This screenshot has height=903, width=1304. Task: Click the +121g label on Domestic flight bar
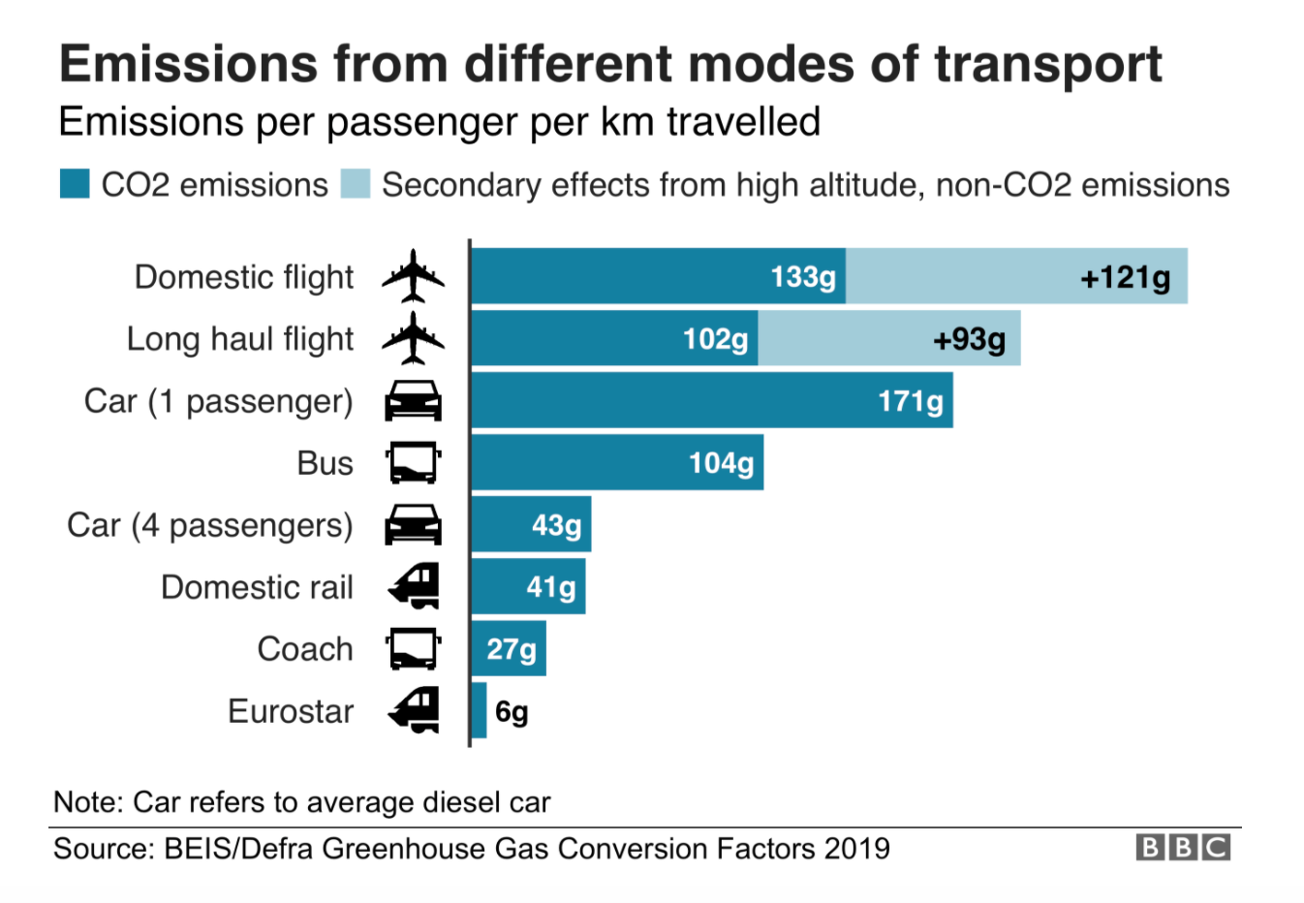[x=1125, y=278]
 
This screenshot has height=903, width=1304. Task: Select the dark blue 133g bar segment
[x=659, y=276]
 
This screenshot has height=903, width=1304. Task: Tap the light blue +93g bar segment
[x=888, y=338]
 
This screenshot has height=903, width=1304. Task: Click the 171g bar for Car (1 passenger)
[x=712, y=400]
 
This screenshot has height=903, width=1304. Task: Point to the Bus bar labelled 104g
[x=617, y=462]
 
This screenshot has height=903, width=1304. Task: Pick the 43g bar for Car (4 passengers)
[x=531, y=524]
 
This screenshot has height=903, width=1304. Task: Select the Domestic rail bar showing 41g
[x=528, y=586]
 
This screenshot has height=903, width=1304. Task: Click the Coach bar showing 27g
[x=509, y=648]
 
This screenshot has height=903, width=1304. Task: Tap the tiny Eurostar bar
[x=479, y=710]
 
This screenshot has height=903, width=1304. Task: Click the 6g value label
[x=512, y=712]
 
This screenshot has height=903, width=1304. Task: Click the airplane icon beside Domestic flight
[x=414, y=276]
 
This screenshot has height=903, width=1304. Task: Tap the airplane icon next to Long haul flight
[x=414, y=338]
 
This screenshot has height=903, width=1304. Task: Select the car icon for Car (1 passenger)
[x=414, y=400]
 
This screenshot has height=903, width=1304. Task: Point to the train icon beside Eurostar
[x=414, y=710]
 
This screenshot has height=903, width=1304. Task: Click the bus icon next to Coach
[x=414, y=648]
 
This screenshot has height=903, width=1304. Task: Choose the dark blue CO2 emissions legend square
[x=75, y=184]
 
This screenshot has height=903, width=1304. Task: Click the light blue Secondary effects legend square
[x=356, y=184]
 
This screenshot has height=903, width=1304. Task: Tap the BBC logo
[x=1182, y=848]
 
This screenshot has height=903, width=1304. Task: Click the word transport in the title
[x=1048, y=64]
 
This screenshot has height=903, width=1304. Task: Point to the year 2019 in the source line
[x=856, y=849]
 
